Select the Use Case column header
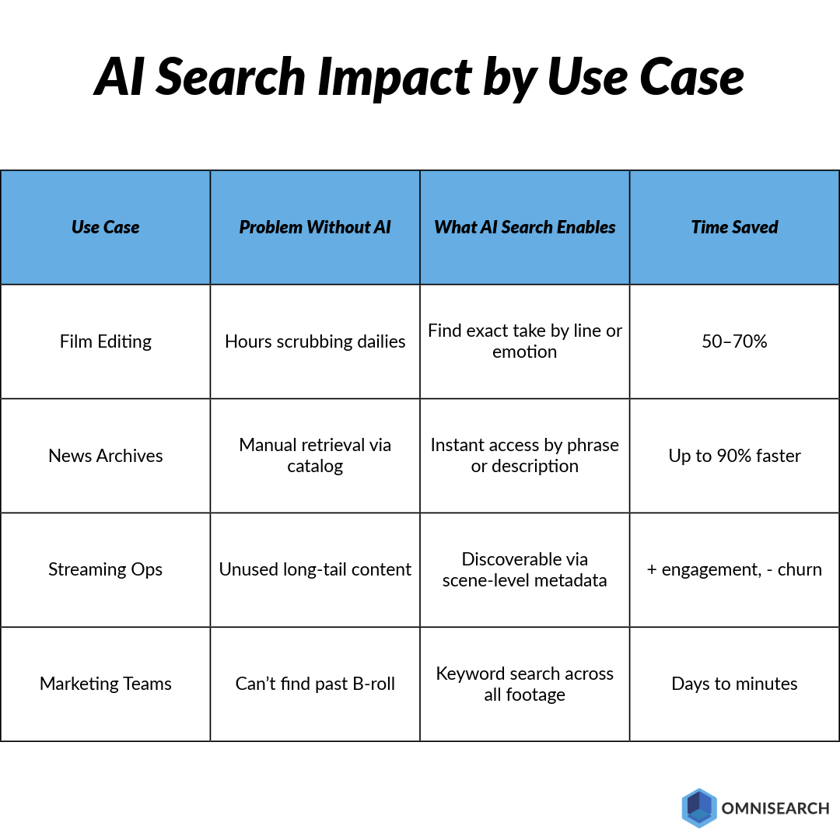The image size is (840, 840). (x=106, y=227)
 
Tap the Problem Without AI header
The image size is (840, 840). (x=315, y=227)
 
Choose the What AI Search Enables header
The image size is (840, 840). (x=525, y=227)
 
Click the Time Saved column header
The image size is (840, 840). (x=734, y=227)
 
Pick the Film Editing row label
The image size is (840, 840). (x=106, y=341)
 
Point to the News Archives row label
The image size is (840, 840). (x=106, y=456)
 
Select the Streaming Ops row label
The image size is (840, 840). (x=106, y=569)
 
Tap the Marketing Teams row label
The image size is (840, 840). (x=106, y=684)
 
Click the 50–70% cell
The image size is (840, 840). (x=734, y=341)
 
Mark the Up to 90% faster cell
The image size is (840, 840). (x=734, y=456)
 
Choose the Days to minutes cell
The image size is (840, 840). (x=734, y=684)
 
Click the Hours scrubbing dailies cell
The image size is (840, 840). (x=315, y=341)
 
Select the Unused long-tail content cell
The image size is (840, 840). (x=315, y=569)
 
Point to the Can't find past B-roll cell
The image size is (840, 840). (x=315, y=684)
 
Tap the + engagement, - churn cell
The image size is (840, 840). (x=734, y=569)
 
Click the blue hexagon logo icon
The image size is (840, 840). (x=698, y=807)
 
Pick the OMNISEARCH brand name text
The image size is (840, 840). (x=775, y=808)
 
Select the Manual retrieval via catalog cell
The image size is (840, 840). (x=315, y=456)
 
